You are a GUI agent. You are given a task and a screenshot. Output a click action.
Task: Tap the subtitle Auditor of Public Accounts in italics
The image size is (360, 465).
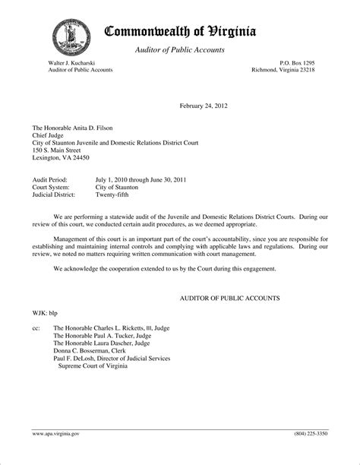[x=179, y=50]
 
